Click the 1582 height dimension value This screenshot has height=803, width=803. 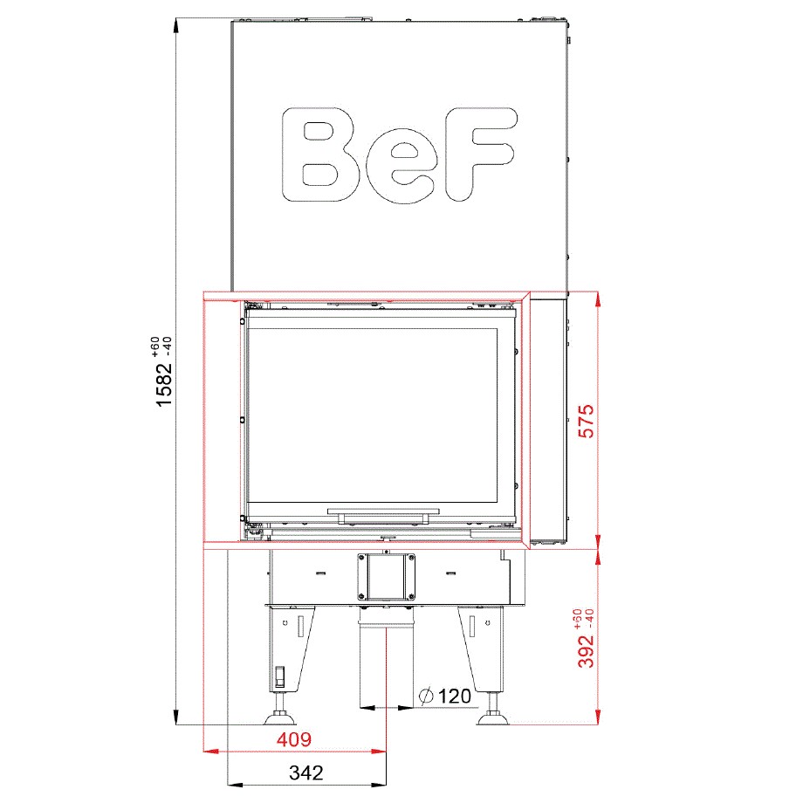(164, 385)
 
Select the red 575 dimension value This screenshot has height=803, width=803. (586, 421)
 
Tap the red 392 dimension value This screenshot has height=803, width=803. (586, 651)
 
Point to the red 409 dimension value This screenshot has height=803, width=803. (294, 739)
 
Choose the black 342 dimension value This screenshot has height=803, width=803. (306, 772)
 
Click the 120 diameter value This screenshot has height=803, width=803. (455, 696)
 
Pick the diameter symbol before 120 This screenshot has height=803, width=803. (426, 696)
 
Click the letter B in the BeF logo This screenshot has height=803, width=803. (320, 154)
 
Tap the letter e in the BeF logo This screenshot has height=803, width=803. (402, 166)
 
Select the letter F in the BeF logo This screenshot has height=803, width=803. (480, 154)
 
